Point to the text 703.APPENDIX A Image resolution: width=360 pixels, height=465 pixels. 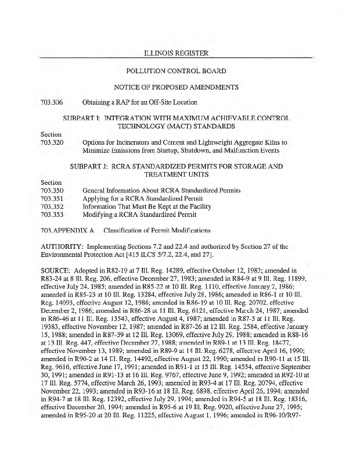(x=67, y=230)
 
